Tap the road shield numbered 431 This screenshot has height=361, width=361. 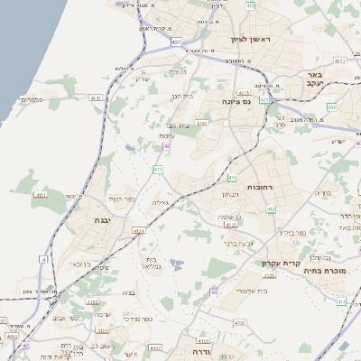tap(176, 42)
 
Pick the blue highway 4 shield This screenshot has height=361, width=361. tap(42, 260)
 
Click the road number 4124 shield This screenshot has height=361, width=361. tap(138, 231)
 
